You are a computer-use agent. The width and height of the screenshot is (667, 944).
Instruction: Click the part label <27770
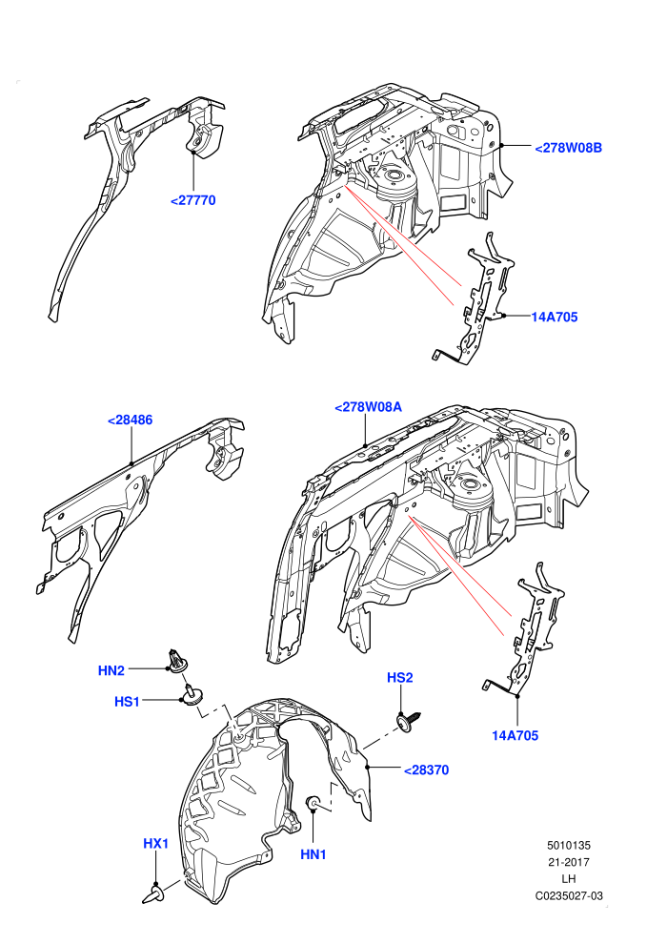pos(193,200)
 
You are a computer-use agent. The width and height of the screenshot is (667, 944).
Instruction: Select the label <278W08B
pos(568,148)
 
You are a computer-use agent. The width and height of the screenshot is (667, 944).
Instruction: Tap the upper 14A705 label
pos(555,317)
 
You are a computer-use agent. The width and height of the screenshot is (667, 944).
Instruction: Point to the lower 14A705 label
pos(515,735)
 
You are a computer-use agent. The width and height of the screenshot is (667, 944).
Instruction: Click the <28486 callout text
pos(130,421)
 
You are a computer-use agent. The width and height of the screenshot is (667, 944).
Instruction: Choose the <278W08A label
pos(368,407)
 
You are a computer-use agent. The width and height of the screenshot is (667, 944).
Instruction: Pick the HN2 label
pos(111,670)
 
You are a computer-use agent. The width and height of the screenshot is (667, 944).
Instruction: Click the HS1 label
pos(127,702)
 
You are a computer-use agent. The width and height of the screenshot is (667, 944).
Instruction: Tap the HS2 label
pos(400,678)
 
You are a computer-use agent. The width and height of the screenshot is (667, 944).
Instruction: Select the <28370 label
pos(427,770)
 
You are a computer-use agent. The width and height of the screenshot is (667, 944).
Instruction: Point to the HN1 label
pos(313,854)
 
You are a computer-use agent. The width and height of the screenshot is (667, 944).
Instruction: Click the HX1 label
pos(155,844)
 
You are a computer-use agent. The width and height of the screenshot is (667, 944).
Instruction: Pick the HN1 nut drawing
pos(313,803)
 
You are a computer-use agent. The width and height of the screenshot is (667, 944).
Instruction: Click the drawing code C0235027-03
pos(569,895)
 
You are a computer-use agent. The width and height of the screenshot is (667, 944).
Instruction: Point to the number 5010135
pos(569,845)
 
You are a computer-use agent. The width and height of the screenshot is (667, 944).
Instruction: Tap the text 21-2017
pos(569,862)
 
